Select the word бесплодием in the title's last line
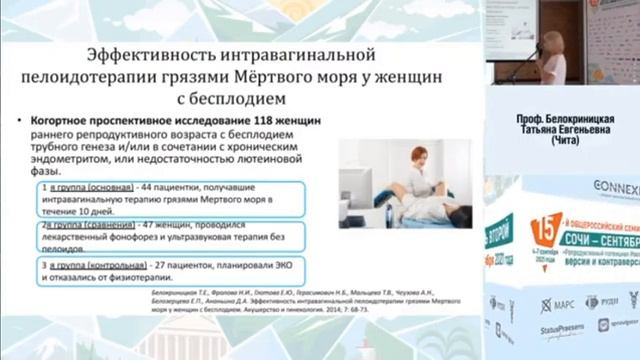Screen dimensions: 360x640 (236, 98)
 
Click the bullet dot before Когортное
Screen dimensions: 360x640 (34, 120)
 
